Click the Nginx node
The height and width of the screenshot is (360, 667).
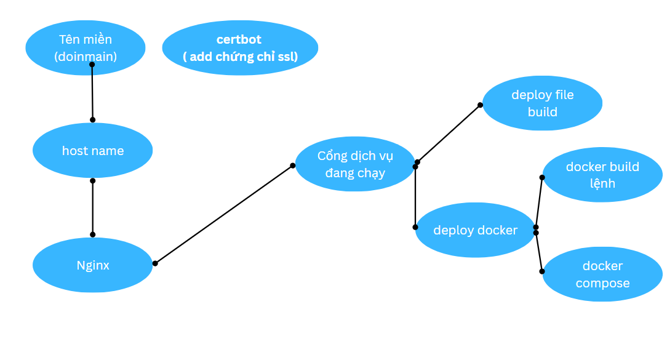coord(92,265)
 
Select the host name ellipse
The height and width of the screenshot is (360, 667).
coord(92,151)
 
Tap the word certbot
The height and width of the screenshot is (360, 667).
coord(239,39)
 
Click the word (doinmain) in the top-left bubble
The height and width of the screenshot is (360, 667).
coord(86,57)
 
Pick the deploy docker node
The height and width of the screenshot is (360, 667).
coord(475,230)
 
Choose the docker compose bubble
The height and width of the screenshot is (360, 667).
coord(602,274)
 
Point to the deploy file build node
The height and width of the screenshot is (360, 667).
coord(542,103)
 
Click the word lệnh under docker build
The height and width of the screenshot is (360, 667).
coord(602,183)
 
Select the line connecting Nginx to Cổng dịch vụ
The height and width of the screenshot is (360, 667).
coord(224,214)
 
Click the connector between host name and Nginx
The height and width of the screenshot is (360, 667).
coord(92,207)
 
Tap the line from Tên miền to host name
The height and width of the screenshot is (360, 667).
coord(92,92)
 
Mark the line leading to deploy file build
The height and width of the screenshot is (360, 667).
coord(449,134)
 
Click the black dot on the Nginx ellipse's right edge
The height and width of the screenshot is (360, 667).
coord(155,263)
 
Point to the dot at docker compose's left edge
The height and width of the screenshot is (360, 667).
coord(542,271)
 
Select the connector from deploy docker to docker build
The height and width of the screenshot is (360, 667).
coord(539,202)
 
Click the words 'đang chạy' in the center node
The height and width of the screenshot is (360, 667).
coord(355,173)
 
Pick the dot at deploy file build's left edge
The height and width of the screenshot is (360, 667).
coord(481,105)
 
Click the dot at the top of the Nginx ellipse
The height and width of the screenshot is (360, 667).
coord(92,234)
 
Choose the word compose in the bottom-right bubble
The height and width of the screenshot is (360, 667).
coord(602,283)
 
